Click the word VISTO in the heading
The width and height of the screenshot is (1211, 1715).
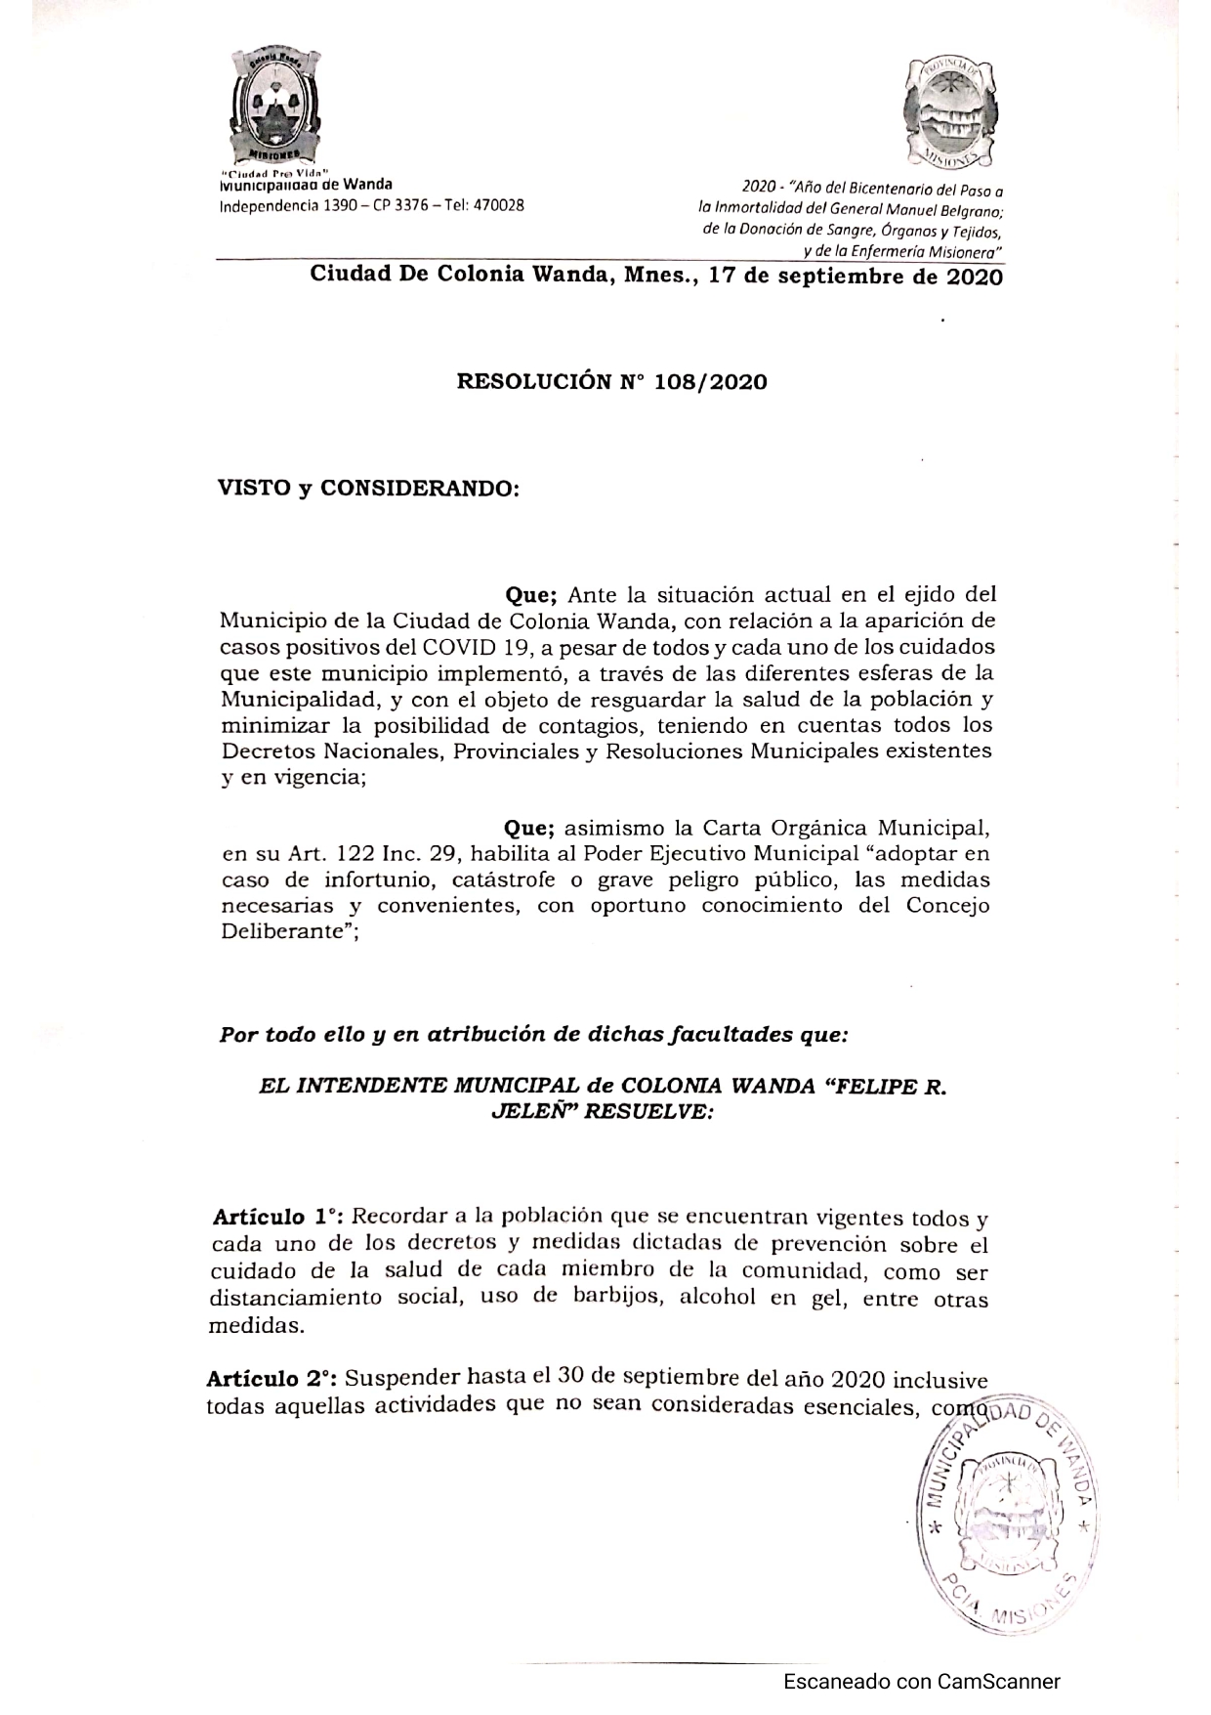click(254, 488)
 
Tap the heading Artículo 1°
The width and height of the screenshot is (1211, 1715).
click(276, 1218)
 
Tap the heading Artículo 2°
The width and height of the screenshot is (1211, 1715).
click(271, 1380)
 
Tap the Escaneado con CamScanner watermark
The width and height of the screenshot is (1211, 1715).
click(921, 1682)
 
